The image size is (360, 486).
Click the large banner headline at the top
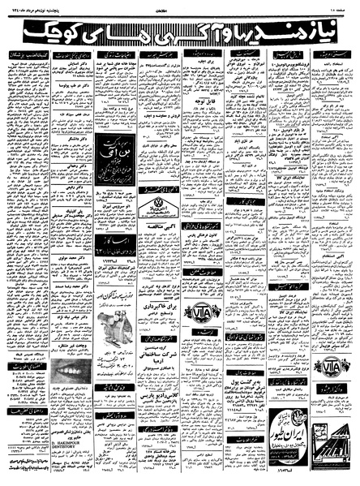180,30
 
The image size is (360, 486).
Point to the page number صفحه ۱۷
340,7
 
